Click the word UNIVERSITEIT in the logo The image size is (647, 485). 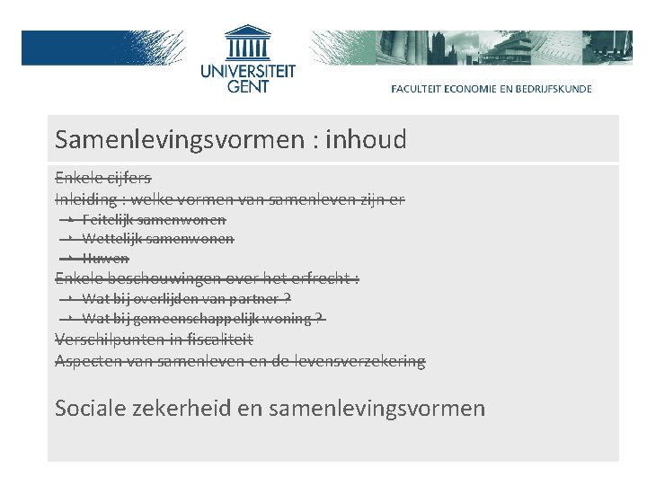[x=247, y=71]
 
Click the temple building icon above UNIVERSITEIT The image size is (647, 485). [x=247, y=43]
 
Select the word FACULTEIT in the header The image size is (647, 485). [x=419, y=89]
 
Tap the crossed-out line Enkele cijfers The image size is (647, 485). [x=102, y=177]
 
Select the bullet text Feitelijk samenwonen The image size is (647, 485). [x=154, y=219]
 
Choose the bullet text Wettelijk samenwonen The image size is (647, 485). [x=157, y=239]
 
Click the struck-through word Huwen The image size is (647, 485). [x=105, y=259]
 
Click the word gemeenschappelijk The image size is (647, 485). [x=208, y=319]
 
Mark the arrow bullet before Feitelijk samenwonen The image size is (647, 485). [x=70, y=219]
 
